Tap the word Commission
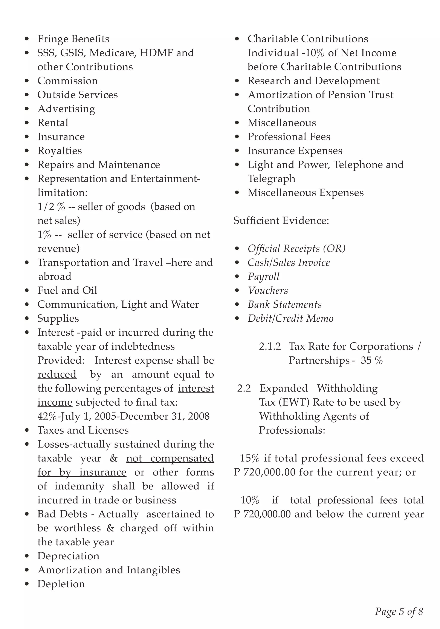(67, 81)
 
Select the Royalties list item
(60, 151)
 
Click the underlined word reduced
(57, 374)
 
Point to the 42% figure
(47, 416)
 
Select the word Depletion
(61, 584)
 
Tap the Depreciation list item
(68, 556)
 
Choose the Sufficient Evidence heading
(281, 221)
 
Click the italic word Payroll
(263, 276)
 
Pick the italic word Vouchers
(267, 290)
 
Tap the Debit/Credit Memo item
(290, 318)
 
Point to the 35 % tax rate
(371, 360)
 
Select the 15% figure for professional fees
(249, 458)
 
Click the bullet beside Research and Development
(237, 81)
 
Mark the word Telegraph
(271, 179)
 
